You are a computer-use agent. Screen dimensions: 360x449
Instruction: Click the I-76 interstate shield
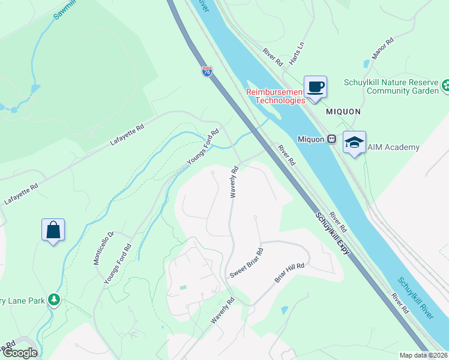[x=208, y=71]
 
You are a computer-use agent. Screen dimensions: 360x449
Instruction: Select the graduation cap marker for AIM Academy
[x=354, y=143]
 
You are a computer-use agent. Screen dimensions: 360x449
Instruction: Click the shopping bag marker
[x=53, y=230]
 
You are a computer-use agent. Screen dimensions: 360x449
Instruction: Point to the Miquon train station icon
[x=331, y=139]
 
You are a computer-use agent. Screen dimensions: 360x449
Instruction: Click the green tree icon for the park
[x=54, y=299]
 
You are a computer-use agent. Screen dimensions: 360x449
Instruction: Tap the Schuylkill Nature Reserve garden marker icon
[x=445, y=86]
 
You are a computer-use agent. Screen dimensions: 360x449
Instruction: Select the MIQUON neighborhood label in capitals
[x=343, y=112]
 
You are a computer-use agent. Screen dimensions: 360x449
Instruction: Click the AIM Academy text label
[x=393, y=147]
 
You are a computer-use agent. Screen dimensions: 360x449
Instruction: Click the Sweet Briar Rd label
[x=246, y=263]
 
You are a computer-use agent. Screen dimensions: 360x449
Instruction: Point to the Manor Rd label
[x=382, y=49]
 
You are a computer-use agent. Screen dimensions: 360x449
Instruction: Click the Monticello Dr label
[x=103, y=248]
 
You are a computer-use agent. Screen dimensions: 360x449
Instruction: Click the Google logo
[x=20, y=353]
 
